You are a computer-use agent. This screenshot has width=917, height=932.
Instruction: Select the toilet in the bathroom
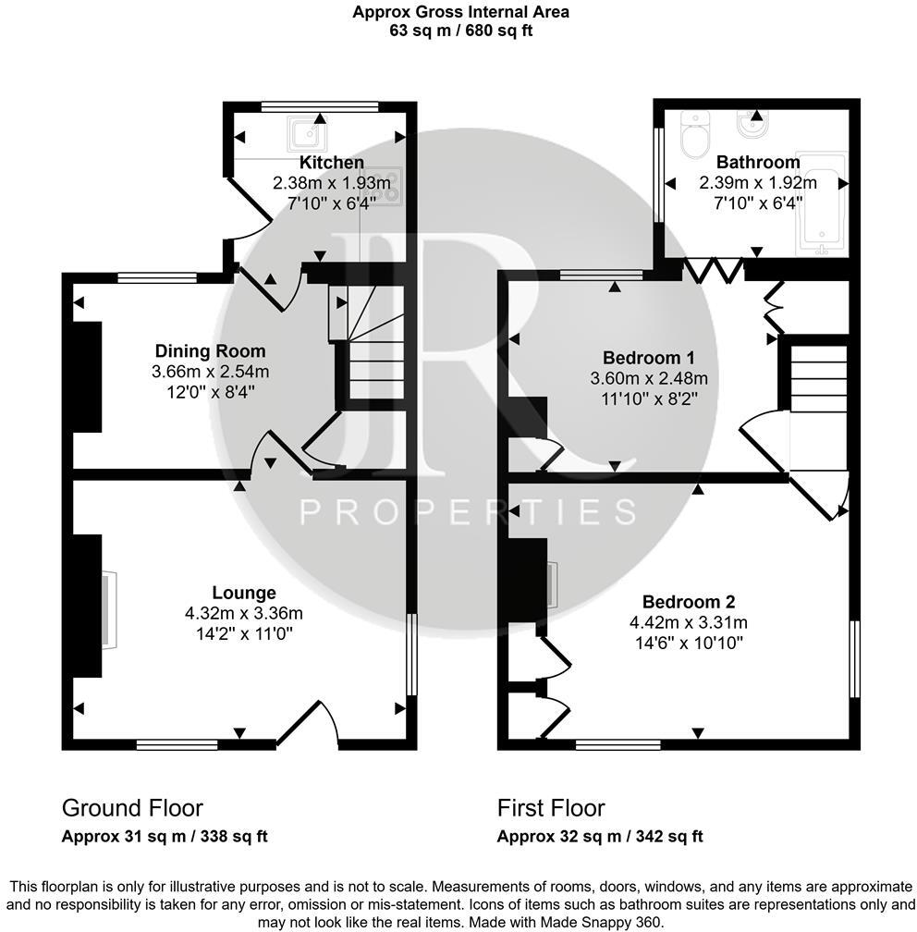coord(693,135)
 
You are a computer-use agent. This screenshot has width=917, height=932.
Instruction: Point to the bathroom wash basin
coord(750,121)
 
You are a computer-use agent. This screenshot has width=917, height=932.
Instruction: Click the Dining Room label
coord(210,351)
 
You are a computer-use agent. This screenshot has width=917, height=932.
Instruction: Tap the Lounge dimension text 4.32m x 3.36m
coord(244,612)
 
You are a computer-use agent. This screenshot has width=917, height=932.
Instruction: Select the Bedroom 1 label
coord(649,358)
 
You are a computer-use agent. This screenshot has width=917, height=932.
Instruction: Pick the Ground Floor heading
coord(132,808)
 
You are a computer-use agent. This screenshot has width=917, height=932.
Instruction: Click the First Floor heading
coord(551,808)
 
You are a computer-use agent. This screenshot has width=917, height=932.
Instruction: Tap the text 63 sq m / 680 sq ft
coord(460,30)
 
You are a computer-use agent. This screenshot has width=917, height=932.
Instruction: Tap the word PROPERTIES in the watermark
coord(469,511)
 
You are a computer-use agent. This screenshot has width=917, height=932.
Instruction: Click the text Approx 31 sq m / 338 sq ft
coord(165,837)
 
